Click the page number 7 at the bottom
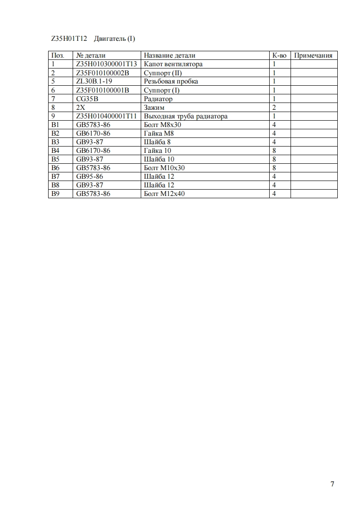(332, 484)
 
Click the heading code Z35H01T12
(69, 39)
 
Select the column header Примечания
(313, 55)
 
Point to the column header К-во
(279, 55)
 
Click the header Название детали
(169, 55)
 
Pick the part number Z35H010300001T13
(107, 64)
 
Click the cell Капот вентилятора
(173, 64)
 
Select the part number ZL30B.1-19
(94, 81)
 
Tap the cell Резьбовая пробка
(171, 81)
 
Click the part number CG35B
(87, 98)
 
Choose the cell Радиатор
(158, 98)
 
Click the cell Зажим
(154, 108)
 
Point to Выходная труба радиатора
(186, 116)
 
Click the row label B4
(55, 151)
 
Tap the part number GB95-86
(90, 176)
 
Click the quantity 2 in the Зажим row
(274, 108)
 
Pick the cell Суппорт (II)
(163, 73)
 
